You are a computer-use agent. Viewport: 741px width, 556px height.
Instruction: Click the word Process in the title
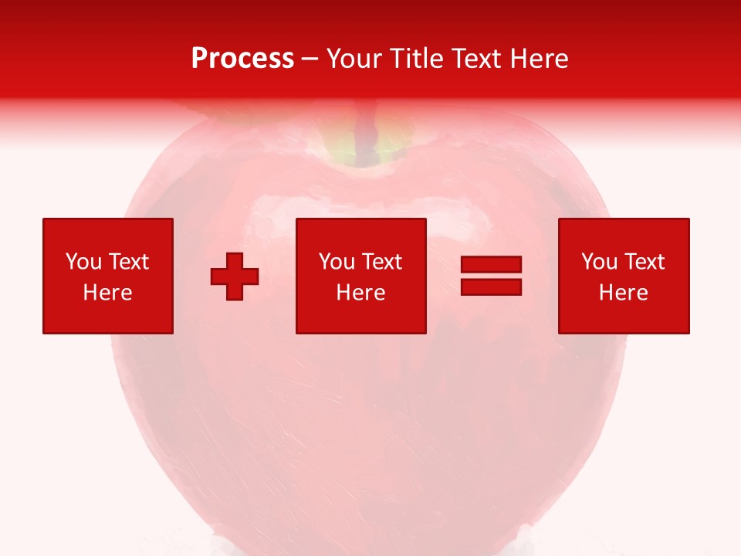(x=242, y=59)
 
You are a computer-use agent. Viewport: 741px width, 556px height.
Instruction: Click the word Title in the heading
(x=416, y=59)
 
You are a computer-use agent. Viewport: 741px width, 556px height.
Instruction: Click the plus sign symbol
(x=235, y=276)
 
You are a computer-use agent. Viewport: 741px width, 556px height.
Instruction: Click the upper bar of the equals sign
(x=491, y=265)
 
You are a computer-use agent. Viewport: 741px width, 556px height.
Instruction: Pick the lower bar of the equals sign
(x=491, y=287)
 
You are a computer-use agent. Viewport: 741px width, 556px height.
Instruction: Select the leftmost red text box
(x=108, y=276)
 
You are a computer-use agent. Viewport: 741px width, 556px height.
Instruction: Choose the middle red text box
(x=360, y=276)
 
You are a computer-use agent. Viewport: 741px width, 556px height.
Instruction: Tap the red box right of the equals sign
(x=623, y=276)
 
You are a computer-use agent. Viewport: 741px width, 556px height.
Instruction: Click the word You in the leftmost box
(x=83, y=262)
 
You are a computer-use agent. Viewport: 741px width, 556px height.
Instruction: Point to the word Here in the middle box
(x=360, y=293)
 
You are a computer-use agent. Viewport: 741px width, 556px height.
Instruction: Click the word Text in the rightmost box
(x=645, y=262)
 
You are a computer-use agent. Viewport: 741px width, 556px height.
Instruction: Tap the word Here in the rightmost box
(x=623, y=293)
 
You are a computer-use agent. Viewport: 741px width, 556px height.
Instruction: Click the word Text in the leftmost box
(x=129, y=262)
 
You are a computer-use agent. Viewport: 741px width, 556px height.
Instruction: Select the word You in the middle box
(x=337, y=262)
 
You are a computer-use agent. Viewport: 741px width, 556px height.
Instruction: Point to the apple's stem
(x=368, y=131)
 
